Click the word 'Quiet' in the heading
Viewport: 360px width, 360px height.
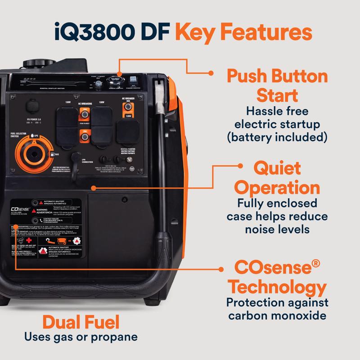pos(277,169)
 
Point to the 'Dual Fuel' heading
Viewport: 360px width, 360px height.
pos(81,322)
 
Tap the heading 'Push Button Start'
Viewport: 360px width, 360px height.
pos(277,85)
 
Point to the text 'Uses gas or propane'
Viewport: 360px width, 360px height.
pos(81,337)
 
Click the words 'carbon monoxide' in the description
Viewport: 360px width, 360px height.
pos(277,315)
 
